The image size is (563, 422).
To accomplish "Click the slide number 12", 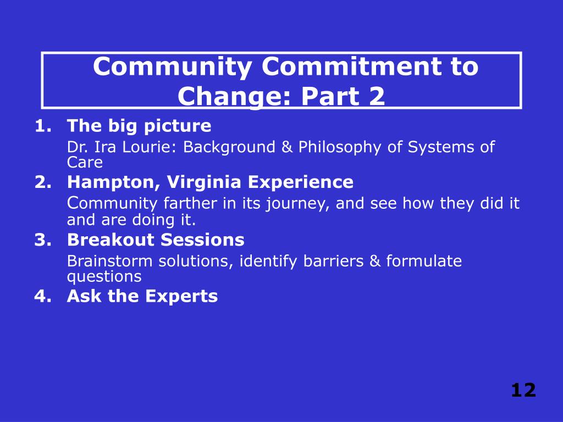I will pos(523,390).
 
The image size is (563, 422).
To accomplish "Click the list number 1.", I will pos(41,126).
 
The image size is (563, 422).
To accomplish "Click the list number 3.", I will pos(41,240).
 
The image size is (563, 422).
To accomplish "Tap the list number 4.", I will pos(41,297).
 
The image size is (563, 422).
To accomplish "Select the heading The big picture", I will pos(139,126).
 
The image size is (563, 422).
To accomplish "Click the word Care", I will pos(85,163).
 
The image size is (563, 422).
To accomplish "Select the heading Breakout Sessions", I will pos(156,240).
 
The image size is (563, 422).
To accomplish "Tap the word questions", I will pos(104,276).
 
